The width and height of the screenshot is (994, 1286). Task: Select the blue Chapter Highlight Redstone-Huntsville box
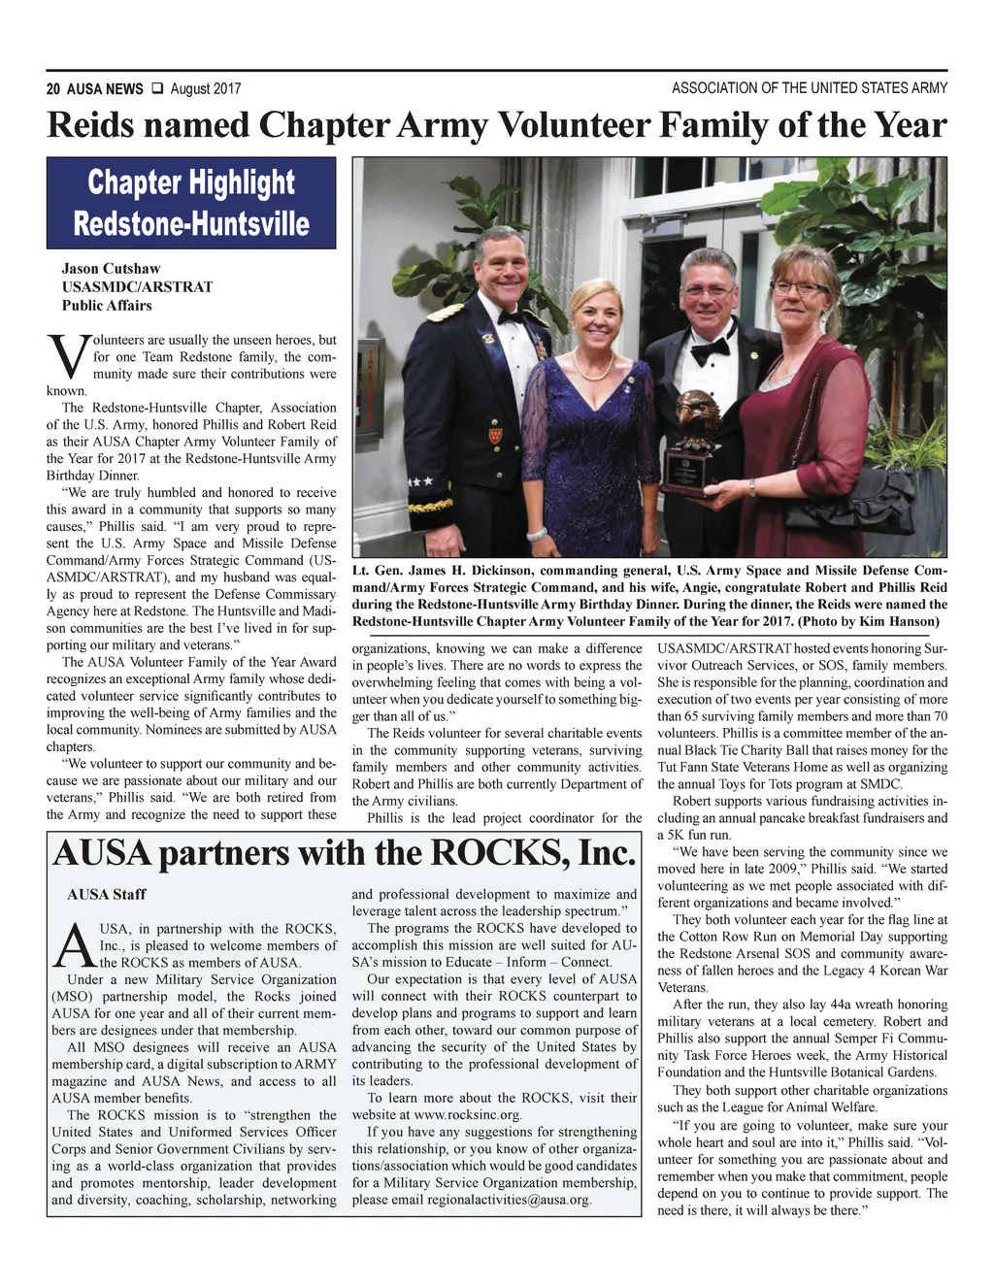[x=191, y=203]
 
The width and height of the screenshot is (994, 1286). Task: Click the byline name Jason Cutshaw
[x=111, y=268]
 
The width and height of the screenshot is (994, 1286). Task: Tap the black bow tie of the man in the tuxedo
[x=710, y=348]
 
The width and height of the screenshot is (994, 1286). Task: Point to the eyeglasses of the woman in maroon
[x=800, y=288]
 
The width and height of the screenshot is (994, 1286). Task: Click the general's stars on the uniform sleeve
[x=420, y=479]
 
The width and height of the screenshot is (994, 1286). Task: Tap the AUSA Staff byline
[x=106, y=894]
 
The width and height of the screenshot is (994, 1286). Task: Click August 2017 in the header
[x=205, y=89]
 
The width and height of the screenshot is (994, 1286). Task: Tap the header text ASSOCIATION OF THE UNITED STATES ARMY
[x=810, y=88]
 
